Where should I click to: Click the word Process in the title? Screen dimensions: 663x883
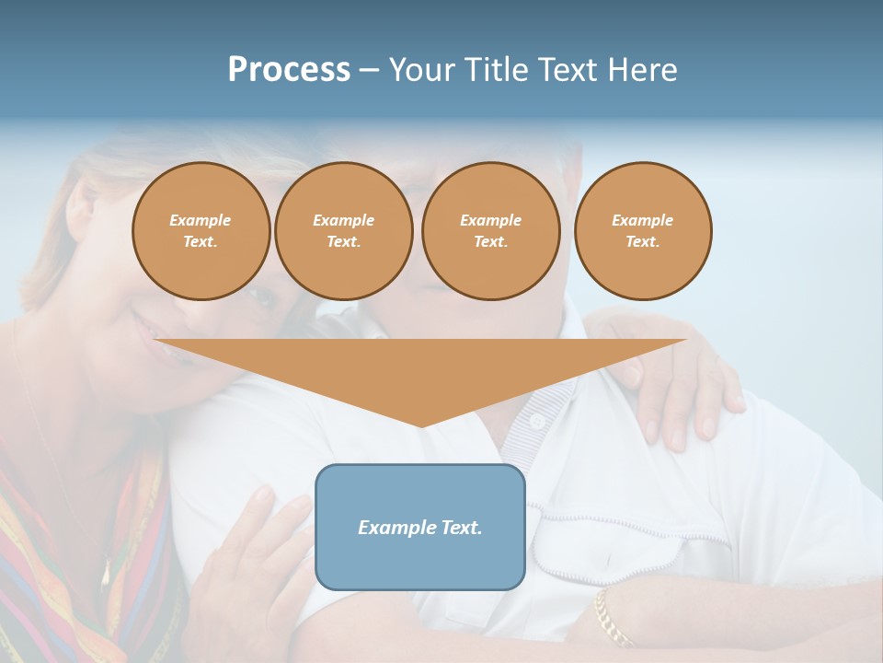point(289,70)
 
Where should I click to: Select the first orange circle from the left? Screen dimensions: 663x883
point(201,230)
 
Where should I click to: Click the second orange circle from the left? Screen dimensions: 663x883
point(343,230)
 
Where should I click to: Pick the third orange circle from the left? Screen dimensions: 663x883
point(490,230)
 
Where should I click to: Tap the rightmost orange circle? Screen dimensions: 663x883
point(642,230)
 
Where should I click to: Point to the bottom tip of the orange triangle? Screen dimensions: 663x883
point(420,425)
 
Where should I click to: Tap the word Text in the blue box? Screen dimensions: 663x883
point(462,528)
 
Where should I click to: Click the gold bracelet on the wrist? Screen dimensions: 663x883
point(612,617)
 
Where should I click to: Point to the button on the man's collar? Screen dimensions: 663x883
point(536,421)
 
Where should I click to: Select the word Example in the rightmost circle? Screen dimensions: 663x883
point(642,220)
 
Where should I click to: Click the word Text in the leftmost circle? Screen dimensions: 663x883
point(200,241)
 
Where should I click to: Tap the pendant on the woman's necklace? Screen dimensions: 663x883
point(105,576)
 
